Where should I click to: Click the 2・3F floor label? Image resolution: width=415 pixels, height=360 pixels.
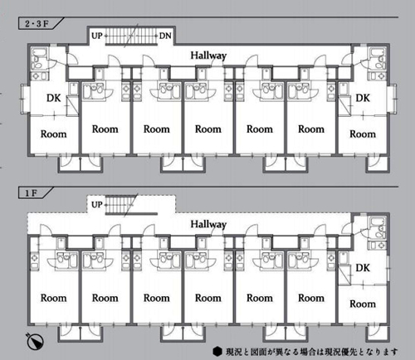click(37, 24)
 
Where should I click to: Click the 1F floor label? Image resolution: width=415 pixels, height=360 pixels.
click(31, 193)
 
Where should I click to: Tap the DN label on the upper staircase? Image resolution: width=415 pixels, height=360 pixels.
click(165, 36)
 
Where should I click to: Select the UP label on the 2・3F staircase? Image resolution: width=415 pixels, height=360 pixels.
click(97, 36)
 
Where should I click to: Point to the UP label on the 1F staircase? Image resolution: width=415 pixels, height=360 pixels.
click(97, 205)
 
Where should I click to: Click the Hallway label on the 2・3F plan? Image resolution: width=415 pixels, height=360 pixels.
click(208, 56)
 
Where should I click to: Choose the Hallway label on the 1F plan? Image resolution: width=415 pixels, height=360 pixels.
click(208, 224)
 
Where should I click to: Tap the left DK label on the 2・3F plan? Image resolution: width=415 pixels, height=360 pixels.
click(54, 98)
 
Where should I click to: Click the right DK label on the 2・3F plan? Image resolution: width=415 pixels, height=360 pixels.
click(363, 98)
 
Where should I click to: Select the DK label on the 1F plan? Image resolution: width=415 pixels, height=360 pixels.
click(363, 268)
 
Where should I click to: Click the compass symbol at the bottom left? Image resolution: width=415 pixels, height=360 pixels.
click(35, 341)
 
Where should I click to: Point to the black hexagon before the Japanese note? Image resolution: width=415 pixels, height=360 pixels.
click(217, 352)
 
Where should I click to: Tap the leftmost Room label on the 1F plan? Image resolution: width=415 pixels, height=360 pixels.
click(54, 298)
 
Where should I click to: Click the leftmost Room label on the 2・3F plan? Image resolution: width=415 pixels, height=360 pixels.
click(54, 134)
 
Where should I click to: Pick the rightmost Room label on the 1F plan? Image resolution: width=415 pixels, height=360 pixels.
click(363, 304)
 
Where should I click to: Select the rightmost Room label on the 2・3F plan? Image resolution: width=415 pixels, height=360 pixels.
click(363, 134)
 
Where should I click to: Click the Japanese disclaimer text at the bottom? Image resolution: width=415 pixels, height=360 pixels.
click(311, 352)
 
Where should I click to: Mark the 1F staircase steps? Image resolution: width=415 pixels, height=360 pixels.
click(120, 205)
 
